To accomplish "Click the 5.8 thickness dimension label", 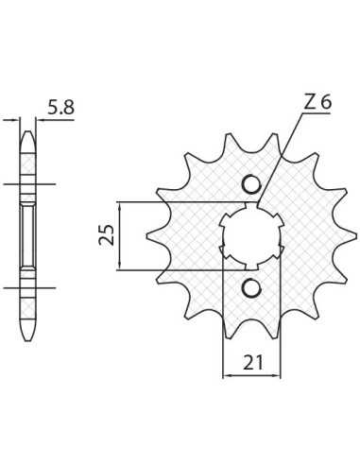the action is click(x=60, y=108).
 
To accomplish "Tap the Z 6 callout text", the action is click(x=317, y=102).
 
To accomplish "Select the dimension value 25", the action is click(x=107, y=235).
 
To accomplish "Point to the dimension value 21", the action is click(x=252, y=362).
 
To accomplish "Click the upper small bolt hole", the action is click(x=251, y=183).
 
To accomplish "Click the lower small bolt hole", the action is click(x=251, y=288).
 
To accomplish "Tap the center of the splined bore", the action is click(x=251, y=236).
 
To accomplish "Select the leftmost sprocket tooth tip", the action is click(x=147, y=236).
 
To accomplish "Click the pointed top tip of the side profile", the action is click(x=28, y=131).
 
